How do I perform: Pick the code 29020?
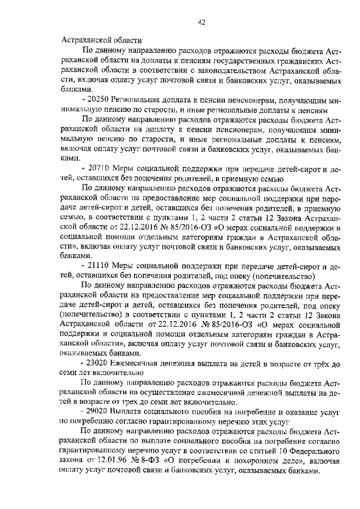(100, 412)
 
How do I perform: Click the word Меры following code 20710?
(125, 169)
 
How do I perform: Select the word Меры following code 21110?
(125, 267)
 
